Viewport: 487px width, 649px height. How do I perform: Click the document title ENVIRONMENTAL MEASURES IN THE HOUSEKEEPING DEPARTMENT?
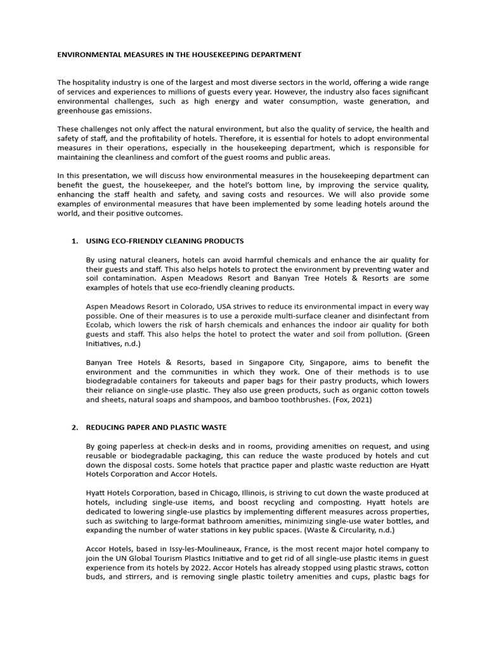coord(179,55)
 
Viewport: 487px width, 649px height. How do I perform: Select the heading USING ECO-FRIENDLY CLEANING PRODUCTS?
coord(164,241)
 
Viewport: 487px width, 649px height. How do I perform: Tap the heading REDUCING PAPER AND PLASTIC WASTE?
coord(156,427)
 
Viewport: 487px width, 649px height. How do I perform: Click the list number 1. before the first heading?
coord(74,241)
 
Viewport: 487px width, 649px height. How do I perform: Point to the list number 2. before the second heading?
coord(74,427)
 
